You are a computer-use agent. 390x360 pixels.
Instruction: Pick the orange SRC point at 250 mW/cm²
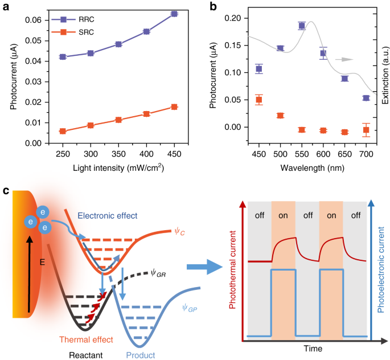(x=63, y=131)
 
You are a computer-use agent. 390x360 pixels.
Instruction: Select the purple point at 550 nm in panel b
(x=302, y=25)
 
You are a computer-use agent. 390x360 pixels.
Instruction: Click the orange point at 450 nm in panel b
(x=259, y=100)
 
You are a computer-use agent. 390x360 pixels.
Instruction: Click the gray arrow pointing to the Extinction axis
(x=343, y=59)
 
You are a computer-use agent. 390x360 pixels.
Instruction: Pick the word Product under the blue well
(x=138, y=354)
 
